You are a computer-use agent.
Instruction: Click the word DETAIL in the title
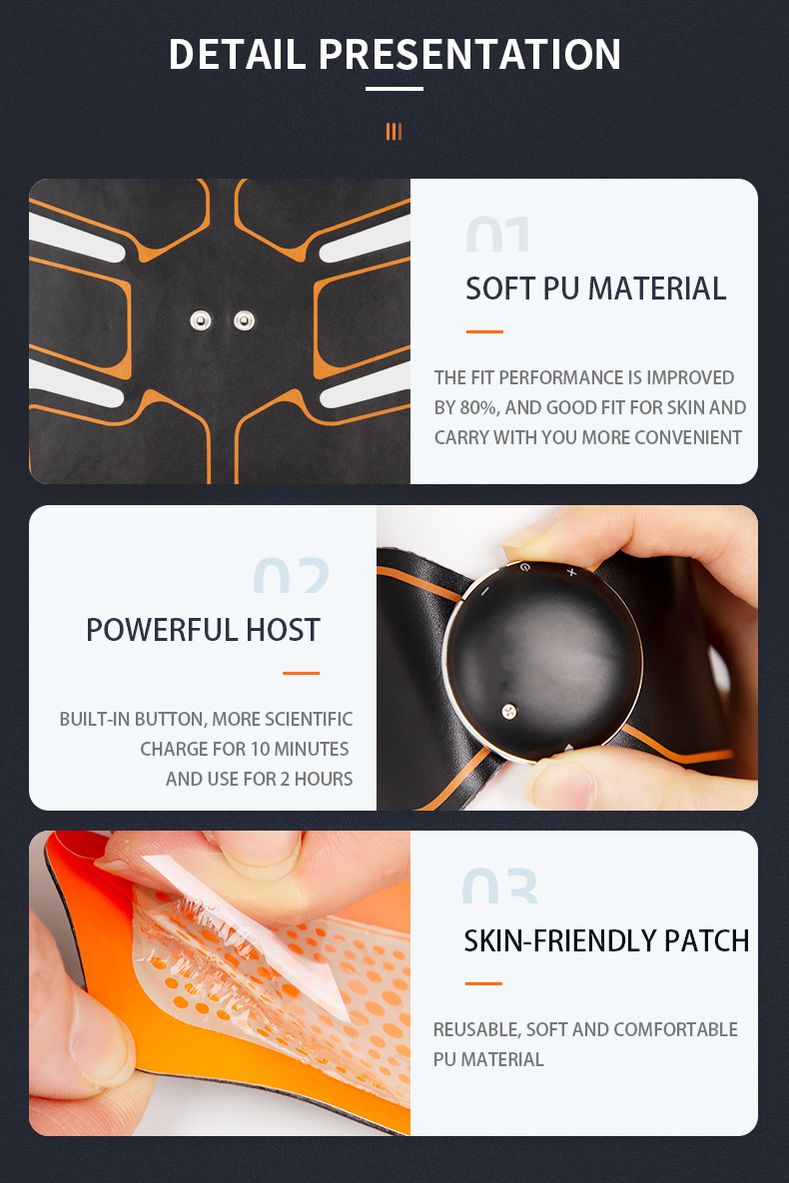pyautogui.click(x=237, y=54)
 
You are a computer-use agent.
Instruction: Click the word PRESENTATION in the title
pyautogui.click(x=469, y=54)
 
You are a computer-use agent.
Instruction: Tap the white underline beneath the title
pyautogui.click(x=394, y=89)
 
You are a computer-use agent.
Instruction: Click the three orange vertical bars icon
pyautogui.click(x=394, y=132)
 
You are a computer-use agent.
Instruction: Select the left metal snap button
pyautogui.click(x=201, y=320)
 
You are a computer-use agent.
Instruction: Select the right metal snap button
pyautogui.click(x=244, y=320)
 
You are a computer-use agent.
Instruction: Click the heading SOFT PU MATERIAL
pyautogui.click(x=595, y=289)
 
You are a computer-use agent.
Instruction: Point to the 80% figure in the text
pyautogui.click(x=478, y=408)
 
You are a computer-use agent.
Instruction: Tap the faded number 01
pyautogui.click(x=498, y=234)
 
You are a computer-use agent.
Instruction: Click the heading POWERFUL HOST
pyautogui.click(x=203, y=630)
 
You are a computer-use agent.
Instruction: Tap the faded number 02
pyautogui.click(x=292, y=575)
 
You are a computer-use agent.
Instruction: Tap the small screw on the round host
pyautogui.click(x=509, y=711)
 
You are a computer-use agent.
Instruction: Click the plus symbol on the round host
pyautogui.click(x=571, y=573)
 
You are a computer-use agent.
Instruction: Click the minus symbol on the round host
pyautogui.click(x=484, y=592)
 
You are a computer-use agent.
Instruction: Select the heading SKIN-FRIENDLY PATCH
pyautogui.click(x=606, y=940)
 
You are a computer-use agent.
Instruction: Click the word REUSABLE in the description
pyautogui.click(x=476, y=1030)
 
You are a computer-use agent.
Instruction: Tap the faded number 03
pyautogui.click(x=499, y=886)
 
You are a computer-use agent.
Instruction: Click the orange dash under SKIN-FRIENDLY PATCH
pyautogui.click(x=484, y=983)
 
